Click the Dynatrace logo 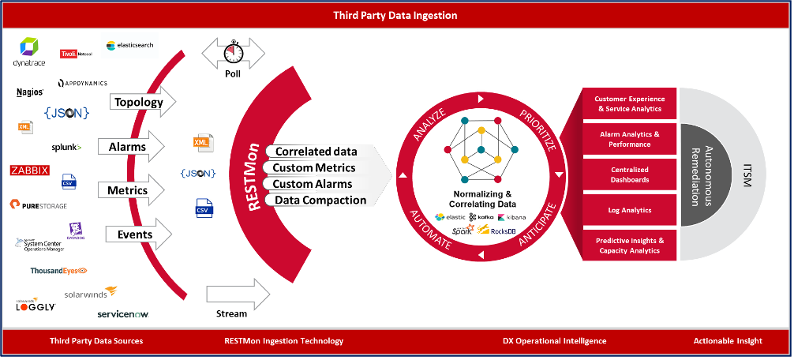pos(29,52)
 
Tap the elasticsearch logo pos(131,46)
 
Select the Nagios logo pos(30,92)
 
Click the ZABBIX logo pos(30,170)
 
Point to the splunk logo pos(66,147)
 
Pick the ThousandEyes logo pos(58,271)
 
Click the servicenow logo pos(122,314)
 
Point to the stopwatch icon pos(234,53)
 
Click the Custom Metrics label pos(313,167)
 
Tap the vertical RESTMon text pos(254,173)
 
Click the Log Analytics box pos(630,211)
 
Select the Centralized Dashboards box pos(630,174)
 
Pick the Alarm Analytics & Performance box pos(630,140)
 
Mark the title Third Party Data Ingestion pos(396,15)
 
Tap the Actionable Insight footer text pos(728,341)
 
